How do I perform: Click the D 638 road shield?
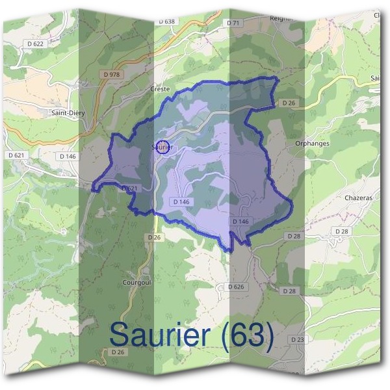click(x=167, y=21)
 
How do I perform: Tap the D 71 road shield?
click(x=234, y=23)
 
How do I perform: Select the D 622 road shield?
click(x=38, y=44)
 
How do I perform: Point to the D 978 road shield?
click(x=112, y=74)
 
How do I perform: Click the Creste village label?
click(x=160, y=88)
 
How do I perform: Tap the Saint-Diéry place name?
click(x=68, y=112)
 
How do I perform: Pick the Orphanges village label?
click(x=312, y=143)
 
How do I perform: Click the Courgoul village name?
click(x=136, y=283)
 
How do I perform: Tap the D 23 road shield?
click(x=297, y=340)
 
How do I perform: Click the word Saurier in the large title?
click(x=160, y=335)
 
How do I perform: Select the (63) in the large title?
click(x=246, y=335)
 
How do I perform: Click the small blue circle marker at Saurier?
click(x=164, y=147)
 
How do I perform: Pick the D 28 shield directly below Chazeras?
click(x=342, y=231)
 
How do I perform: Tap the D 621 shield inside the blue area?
click(x=130, y=188)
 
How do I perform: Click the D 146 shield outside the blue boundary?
click(x=68, y=156)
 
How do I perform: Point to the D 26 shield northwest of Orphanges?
click(x=289, y=103)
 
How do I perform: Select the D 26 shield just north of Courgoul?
click(x=153, y=237)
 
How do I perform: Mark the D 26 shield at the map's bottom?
click(x=118, y=352)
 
